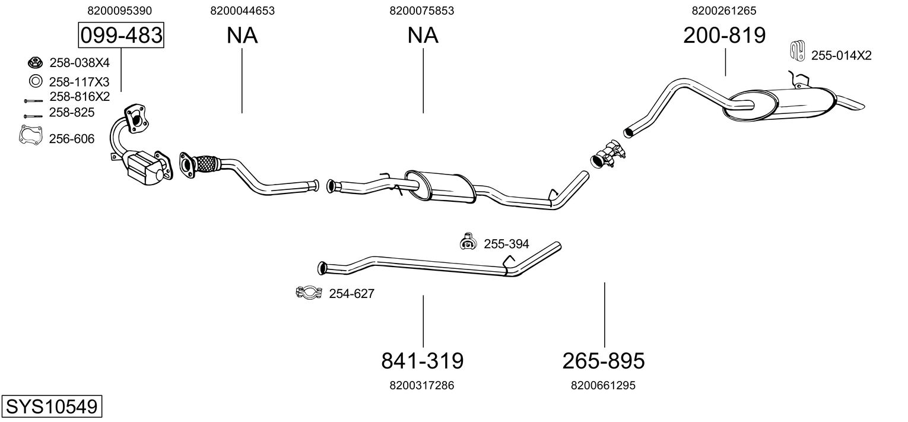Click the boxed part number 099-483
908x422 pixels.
point(121,36)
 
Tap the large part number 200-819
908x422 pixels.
point(724,36)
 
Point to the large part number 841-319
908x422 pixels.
point(422,360)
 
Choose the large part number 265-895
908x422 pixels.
point(603,360)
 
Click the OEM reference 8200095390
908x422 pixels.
point(119,11)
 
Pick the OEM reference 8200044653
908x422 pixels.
point(242,11)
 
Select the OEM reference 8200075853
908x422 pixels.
point(422,11)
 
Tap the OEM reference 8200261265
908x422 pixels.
point(724,11)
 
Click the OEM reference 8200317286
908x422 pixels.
point(422,386)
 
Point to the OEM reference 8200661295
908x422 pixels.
point(603,386)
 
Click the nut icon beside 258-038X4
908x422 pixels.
point(34,62)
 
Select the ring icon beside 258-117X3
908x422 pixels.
point(34,81)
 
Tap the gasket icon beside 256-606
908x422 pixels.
point(30,135)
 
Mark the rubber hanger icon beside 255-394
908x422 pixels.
point(468,241)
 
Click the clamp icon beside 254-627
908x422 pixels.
point(308,292)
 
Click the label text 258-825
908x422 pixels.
point(72,112)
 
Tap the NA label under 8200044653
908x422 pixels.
point(242,36)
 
